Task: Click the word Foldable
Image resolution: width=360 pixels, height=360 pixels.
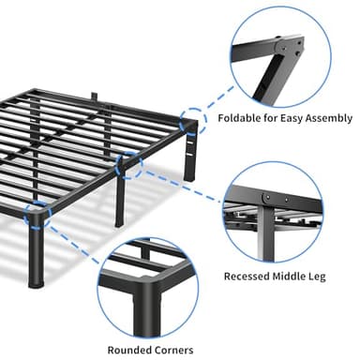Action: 241,118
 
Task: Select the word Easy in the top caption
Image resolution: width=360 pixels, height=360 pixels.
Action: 291,118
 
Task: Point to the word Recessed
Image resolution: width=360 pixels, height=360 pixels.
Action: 249,277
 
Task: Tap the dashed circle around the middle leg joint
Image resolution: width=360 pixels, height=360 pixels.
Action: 127,167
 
